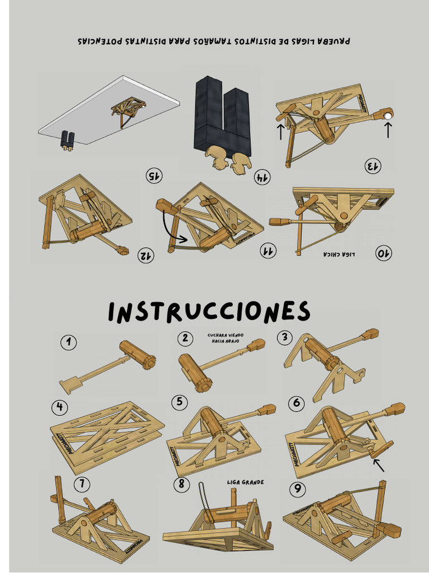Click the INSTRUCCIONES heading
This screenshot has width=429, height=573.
tap(209, 312)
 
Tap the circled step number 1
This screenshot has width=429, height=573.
tap(68, 342)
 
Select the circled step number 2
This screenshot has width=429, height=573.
tap(184, 337)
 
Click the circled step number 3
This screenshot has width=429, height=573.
tap(285, 337)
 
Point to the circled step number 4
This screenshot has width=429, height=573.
tap(59, 407)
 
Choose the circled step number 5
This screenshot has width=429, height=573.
tap(179, 402)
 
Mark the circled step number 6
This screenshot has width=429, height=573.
tap(297, 403)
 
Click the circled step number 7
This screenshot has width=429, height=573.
tap(82, 483)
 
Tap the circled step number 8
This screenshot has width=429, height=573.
tap(181, 484)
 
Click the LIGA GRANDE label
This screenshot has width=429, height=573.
tap(245, 482)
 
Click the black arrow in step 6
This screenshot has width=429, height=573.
tap(379, 464)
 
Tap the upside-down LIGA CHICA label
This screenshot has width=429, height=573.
tap(339, 255)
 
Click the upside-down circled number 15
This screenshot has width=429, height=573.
tap(154, 176)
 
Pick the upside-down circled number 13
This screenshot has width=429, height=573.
tap(373, 166)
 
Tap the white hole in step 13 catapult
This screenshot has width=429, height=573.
tap(388, 115)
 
